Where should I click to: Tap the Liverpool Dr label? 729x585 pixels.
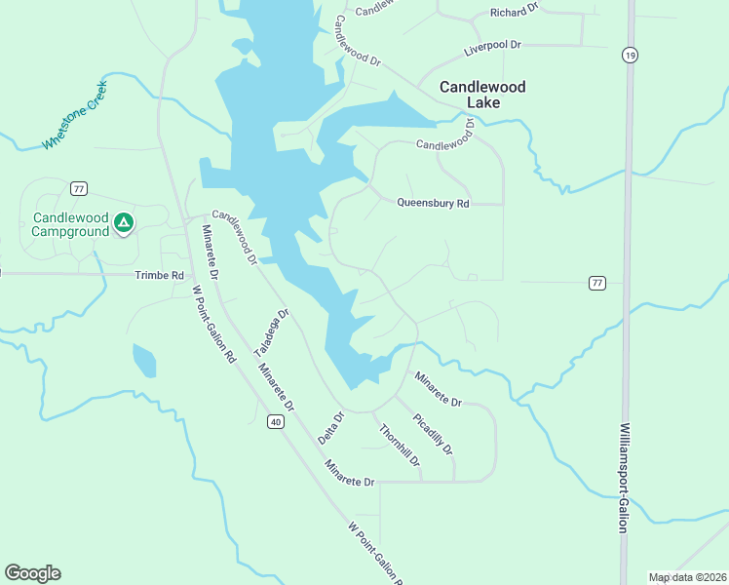point(493,46)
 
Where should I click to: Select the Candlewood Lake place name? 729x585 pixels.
point(482,95)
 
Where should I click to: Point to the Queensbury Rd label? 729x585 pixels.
point(433,204)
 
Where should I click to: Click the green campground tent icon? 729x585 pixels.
point(123,223)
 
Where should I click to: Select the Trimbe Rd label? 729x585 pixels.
point(159,276)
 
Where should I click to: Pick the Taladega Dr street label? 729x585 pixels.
point(272,333)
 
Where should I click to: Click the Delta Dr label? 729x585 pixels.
point(333,429)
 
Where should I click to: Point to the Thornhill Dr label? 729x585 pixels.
point(400,445)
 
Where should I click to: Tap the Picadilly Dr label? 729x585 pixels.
point(433,435)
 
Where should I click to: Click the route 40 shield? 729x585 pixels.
point(277,421)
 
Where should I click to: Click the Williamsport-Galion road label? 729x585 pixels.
point(622,478)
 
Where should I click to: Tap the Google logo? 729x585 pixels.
point(32,573)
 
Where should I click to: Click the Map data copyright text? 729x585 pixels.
point(687,577)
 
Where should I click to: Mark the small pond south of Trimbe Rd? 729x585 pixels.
point(143,360)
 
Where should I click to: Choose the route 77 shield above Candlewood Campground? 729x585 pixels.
point(79,188)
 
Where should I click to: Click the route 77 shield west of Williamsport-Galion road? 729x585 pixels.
point(596,283)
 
